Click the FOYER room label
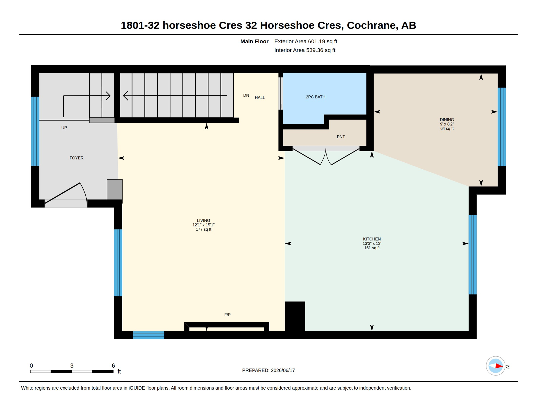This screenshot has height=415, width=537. click(76, 158)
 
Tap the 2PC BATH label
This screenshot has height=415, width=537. click(316, 97)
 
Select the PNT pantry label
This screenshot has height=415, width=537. click(341, 137)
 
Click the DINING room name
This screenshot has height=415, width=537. click(447, 120)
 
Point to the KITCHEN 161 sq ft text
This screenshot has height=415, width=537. click(372, 248)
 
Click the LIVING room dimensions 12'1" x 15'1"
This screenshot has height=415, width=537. click(203, 225)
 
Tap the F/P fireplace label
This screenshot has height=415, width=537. click(227, 315)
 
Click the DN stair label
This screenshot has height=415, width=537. click(246, 95)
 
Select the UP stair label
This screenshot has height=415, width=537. click(64, 128)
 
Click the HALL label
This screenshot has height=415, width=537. click(260, 98)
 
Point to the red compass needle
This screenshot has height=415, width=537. click(499, 366)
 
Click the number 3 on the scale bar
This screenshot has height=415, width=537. click(72, 366)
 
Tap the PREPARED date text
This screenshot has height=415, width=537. click(268, 370)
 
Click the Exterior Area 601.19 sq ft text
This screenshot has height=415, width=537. click(306, 41)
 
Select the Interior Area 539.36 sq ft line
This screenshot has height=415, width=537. click(305, 50)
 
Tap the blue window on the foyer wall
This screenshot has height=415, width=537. click(35, 131)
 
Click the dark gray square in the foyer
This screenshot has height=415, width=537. click(115, 190)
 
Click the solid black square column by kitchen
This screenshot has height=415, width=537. click(295, 316)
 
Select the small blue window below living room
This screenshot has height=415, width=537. click(149, 335)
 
